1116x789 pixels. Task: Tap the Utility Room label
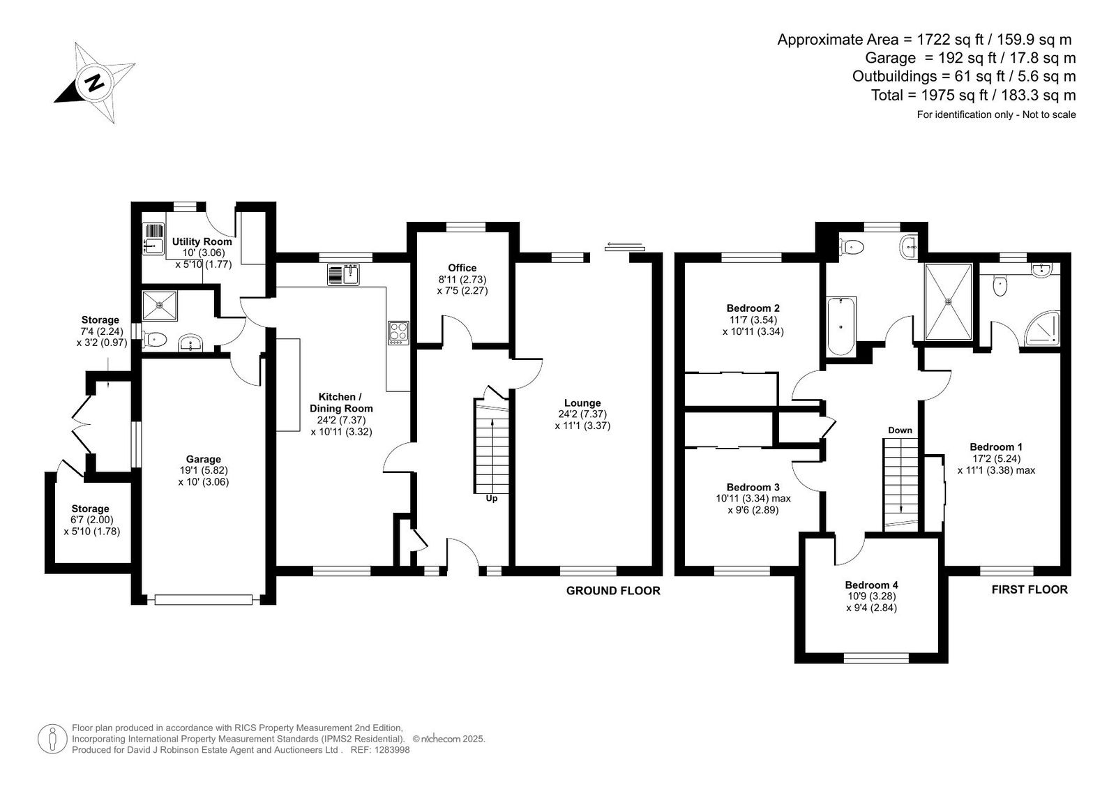point(202,242)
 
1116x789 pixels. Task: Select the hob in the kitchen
point(398,333)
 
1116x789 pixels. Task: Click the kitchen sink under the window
point(343,275)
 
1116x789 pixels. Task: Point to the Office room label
point(462,268)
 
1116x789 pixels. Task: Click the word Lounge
point(582,403)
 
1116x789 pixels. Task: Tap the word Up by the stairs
point(491,498)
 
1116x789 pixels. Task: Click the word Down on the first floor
point(900,430)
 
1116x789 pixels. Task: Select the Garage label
point(203,459)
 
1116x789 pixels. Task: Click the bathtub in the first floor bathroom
point(841,326)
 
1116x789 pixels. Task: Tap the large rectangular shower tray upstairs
point(948,301)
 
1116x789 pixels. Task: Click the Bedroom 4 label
point(871,585)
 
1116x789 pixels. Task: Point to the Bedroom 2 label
point(753,308)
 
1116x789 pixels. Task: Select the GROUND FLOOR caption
point(613,591)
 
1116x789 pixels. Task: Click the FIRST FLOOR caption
point(1030,589)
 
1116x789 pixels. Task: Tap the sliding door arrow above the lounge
point(624,244)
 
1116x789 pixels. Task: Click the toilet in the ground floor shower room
point(154,340)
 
